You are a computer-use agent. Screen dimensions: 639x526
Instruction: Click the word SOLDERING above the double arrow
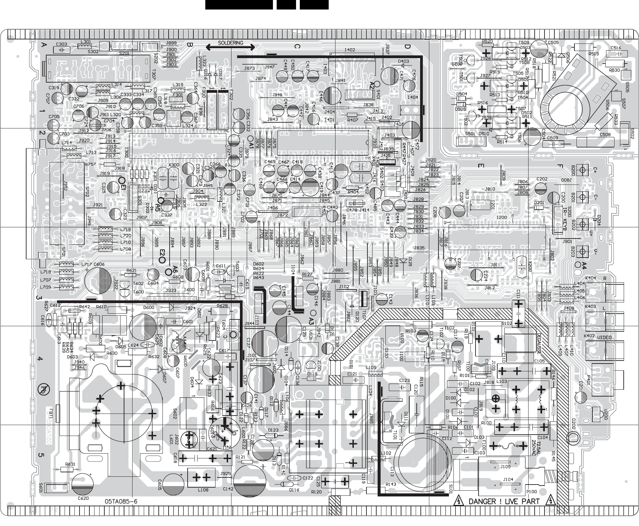(230, 43)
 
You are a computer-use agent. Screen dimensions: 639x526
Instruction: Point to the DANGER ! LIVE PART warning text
(504, 502)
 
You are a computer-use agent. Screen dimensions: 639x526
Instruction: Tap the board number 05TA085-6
(121, 502)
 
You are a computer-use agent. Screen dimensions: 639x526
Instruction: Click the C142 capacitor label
(228, 488)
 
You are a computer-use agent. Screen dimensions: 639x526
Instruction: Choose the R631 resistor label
(70, 464)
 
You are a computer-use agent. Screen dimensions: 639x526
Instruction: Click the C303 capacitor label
(62, 44)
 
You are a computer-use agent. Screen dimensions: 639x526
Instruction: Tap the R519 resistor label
(593, 54)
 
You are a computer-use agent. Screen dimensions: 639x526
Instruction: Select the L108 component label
(203, 490)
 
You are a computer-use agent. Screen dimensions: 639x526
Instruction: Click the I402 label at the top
(350, 50)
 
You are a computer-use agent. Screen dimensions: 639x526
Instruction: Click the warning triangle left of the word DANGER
(459, 501)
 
